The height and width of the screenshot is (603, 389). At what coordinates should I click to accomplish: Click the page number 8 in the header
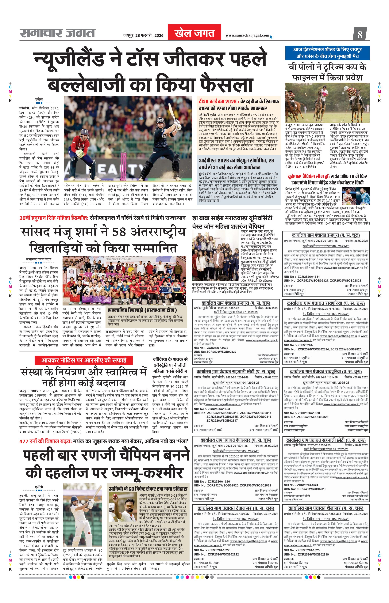[360, 34]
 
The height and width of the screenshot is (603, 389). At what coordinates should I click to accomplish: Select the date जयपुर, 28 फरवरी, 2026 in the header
[143, 35]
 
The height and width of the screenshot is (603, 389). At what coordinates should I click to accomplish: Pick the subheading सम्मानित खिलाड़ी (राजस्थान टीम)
[142, 310]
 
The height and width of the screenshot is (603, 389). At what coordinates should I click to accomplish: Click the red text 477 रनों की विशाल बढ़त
[45, 441]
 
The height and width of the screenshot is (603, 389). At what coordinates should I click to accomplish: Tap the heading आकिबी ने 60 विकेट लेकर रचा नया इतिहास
[148, 489]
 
